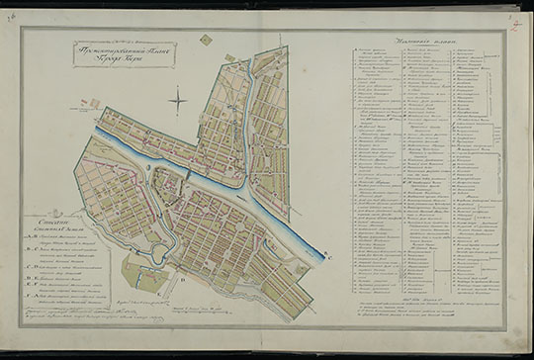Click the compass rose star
(x=177, y=99)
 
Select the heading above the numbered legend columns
(x=422, y=41)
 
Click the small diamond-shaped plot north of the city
(x=205, y=41)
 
